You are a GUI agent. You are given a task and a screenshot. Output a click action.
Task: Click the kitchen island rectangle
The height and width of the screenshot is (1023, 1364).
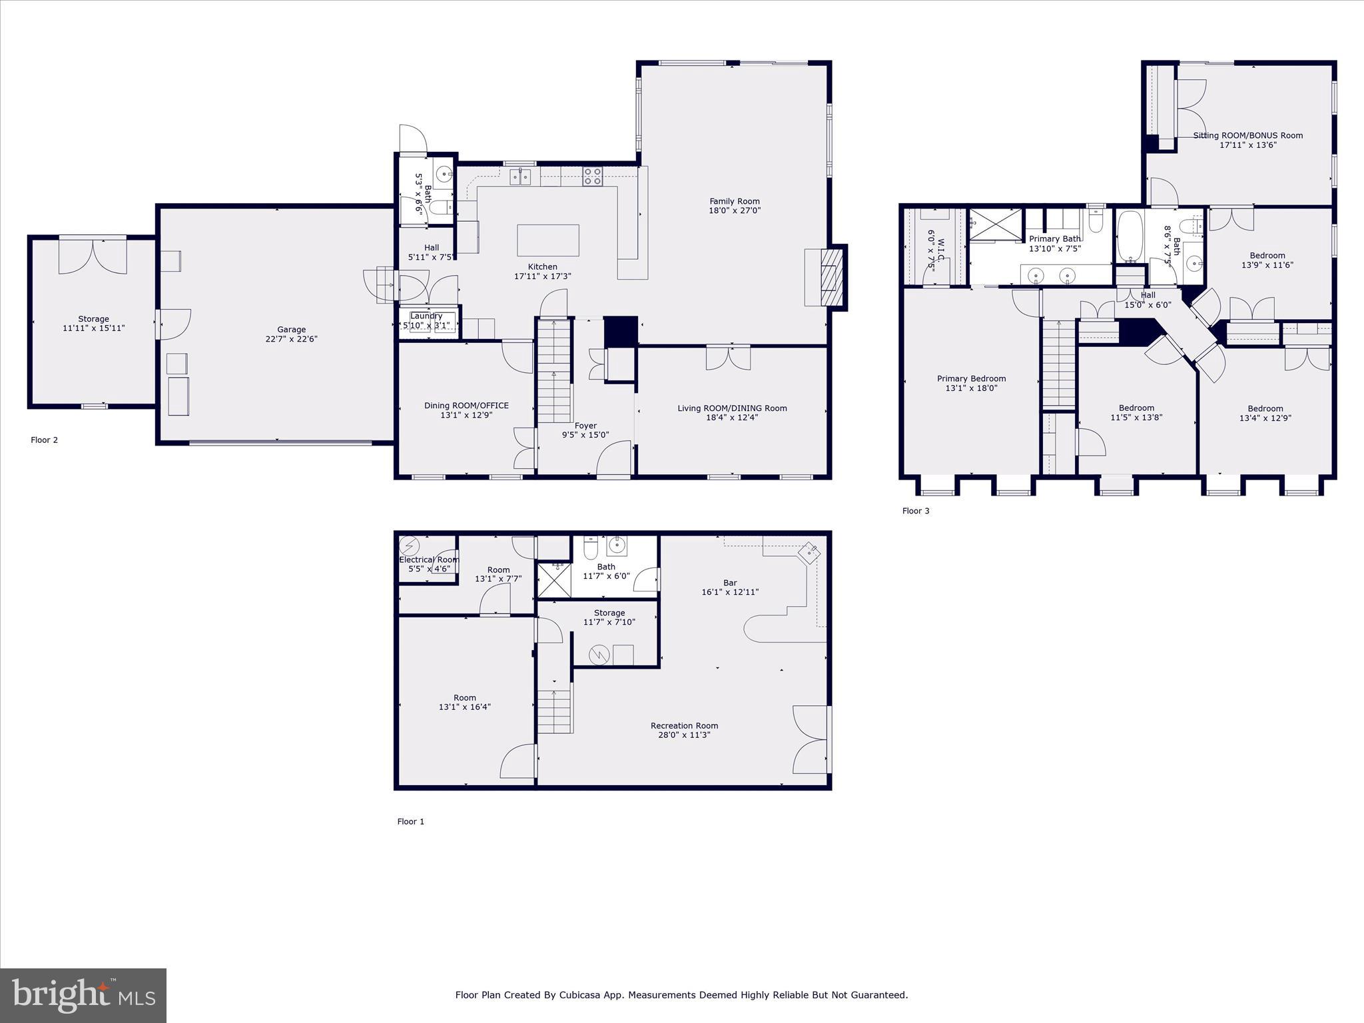[x=547, y=240]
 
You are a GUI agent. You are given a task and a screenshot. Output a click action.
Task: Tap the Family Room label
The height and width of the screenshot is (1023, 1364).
[x=734, y=201]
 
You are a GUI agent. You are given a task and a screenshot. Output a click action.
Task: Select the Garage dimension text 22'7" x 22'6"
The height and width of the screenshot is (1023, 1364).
[x=291, y=339]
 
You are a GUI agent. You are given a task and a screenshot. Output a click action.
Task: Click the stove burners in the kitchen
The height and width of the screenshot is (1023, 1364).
[x=593, y=176]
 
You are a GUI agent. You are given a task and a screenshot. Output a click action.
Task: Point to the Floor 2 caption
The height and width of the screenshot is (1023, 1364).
[x=44, y=440]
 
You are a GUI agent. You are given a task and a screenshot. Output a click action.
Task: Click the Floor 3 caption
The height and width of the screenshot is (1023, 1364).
[x=915, y=511]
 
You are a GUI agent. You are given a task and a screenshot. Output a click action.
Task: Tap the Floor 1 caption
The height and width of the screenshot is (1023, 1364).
[x=410, y=821]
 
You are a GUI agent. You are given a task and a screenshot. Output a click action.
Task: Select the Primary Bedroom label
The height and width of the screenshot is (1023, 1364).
[x=971, y=378]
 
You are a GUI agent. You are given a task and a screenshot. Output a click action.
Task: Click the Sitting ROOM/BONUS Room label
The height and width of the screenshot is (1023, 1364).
[x=1247, y=135]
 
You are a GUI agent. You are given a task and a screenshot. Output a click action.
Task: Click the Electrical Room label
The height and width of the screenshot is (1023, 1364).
[x=428, y=559]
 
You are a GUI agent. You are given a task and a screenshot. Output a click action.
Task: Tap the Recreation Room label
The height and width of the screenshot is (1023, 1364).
[x=684, y=725]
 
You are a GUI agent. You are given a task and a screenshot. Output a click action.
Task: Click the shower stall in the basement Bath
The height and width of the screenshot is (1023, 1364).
[x=553, y=580]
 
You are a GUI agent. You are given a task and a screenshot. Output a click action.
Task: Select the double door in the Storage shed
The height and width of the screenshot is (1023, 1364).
[x=93, y=256]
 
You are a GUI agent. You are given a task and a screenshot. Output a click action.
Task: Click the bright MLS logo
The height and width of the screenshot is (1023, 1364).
[x=83, y=996]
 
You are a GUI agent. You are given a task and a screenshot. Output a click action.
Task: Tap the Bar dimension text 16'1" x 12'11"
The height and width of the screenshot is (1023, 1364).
[x=730, y=592]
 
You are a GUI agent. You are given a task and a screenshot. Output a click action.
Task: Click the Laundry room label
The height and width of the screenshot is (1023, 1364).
[x=426, y=316]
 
